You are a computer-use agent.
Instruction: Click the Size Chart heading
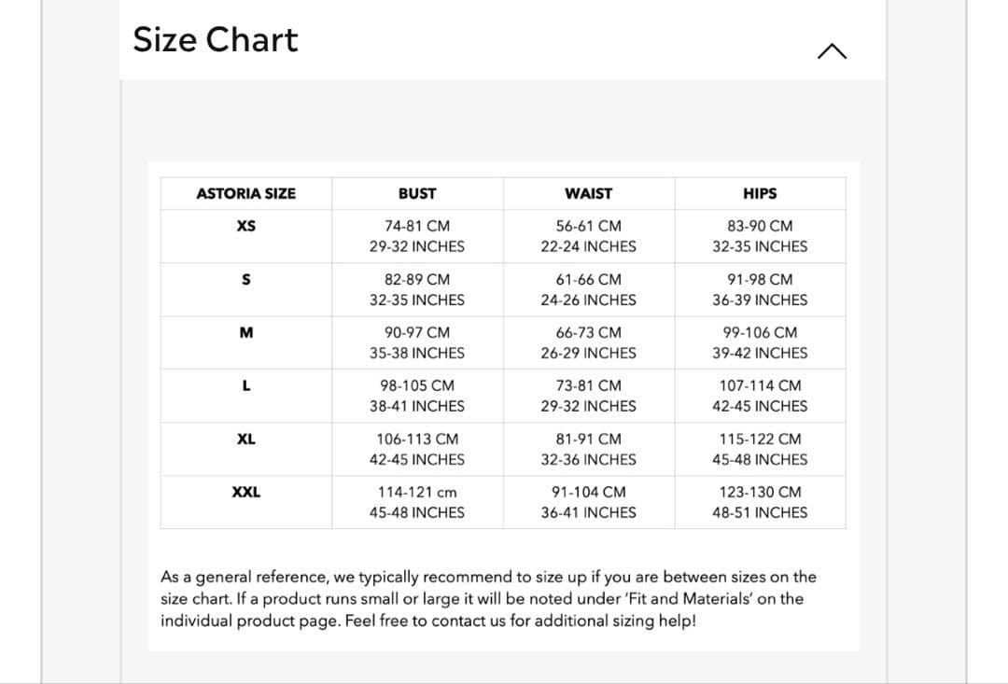coord(216,40)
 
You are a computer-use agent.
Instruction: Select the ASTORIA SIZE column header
coord(245,194)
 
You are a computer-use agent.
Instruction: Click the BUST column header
coord(416,194)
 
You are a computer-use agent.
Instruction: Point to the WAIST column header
coord(588,194)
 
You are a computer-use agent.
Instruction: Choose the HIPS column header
coord(760,194)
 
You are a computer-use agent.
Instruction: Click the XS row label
coord(245,226)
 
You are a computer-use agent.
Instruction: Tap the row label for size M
coord(245,332)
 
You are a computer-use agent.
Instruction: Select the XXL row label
coord(245,492)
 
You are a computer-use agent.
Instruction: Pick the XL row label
coord(245,439)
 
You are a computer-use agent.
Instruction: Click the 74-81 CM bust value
coord(416,226)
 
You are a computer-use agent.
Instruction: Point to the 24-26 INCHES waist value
coord(588,300)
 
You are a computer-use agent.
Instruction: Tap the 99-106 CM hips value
coord(760,332)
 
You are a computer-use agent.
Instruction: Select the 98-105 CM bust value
coord(416,385)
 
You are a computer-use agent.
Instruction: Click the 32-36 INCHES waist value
coord(588,459)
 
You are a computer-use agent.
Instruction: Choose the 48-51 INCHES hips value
coord(760,512)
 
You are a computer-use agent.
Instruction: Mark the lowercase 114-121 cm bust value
coord(416,492)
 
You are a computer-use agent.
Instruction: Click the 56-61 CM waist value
coord(588,226)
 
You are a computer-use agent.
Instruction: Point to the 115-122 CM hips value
coord(760,439)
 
